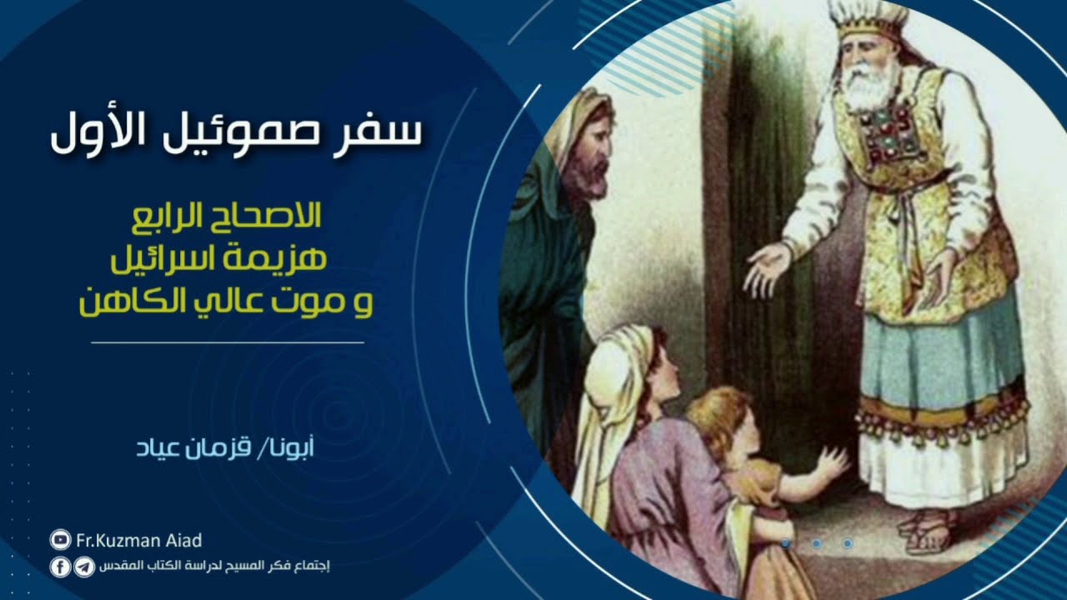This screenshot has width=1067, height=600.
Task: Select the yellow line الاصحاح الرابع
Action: click(x=227, y=219)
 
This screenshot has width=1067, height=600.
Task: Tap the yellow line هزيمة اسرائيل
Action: click(x=220, y=259)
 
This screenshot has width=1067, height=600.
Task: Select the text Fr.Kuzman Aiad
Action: click(x=138, y=541)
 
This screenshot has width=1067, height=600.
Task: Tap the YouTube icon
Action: click(x=60, y=541)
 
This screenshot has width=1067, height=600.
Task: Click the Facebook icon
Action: click(x=60, y=567)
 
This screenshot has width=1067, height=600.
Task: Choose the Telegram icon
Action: click(x=84, y=567)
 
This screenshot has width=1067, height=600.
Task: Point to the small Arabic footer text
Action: click(x=214, y=567)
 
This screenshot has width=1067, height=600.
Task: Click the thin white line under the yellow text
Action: click(x=227, y=342)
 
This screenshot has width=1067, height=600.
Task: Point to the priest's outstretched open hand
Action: click(x=765, y=268)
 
